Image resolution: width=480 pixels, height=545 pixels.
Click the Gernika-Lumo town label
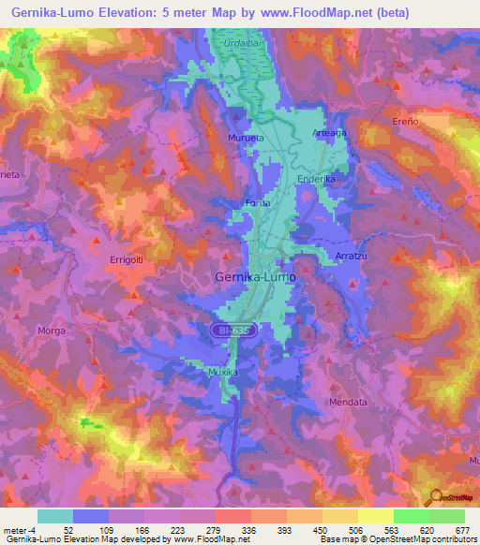[255, 278]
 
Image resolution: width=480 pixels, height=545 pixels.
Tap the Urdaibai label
[241, 44]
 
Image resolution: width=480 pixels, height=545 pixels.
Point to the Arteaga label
[329, 133]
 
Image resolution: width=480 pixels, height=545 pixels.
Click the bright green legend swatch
[412, 516]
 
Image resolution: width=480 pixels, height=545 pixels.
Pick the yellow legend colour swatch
[376, 516]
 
